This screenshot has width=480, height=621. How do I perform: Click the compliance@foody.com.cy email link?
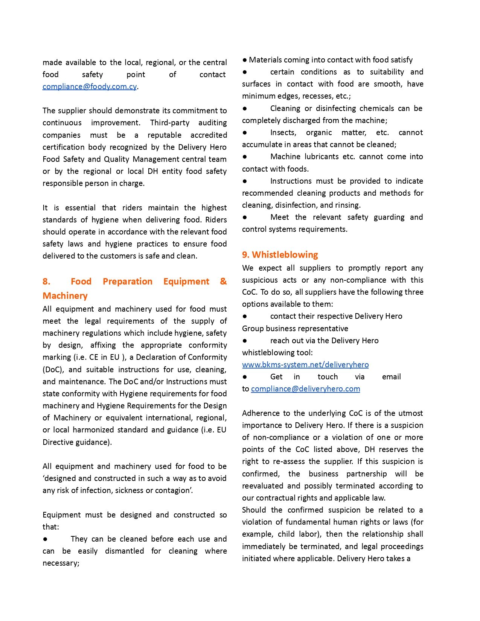coord(90,87)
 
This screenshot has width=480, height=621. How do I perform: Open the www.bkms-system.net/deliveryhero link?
coord(305,365)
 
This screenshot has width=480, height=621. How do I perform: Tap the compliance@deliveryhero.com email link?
coord(305,389)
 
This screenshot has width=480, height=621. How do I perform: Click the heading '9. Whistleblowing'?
coord(280,255)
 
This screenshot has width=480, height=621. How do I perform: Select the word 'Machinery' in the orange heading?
coord(65,296)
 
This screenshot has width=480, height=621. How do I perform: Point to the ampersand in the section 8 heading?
coord(223,282)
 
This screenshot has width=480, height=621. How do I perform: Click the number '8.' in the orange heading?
coord(46,282)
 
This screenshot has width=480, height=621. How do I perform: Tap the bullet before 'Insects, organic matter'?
coord(245,132)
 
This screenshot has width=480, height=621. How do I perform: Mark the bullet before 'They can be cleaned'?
coord(45,539)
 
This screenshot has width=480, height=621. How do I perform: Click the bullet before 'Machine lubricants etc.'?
coord(245,157)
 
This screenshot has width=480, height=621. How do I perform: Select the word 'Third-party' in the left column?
coord(170,123)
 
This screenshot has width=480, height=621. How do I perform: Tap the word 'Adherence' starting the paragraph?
coord(260,413)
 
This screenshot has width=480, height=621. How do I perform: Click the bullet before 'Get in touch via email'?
coord(245,377)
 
